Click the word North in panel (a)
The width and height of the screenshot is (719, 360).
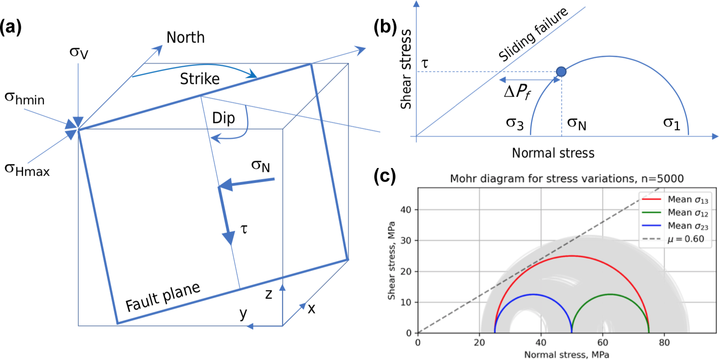pos(186,38)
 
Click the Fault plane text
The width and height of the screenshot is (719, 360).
pos(163,297)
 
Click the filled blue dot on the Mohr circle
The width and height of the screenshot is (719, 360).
pos(561,72)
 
